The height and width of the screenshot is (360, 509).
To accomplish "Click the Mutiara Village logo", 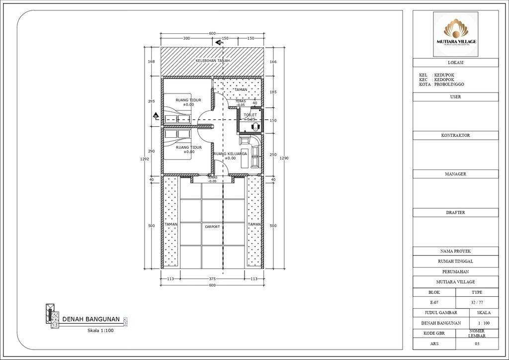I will coord(456,34).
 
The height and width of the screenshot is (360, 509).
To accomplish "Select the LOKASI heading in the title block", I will coord(455,63).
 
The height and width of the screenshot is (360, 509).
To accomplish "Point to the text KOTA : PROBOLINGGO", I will coord(441,85).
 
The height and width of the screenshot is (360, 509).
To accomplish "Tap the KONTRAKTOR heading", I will coord(455,135).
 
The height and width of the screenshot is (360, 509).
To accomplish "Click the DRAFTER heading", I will coord(455,212).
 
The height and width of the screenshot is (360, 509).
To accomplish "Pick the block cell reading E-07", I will coord(434,302).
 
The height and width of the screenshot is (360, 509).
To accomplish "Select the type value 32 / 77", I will coord(477,302).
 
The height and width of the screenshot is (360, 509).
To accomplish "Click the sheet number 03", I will coord(477,344).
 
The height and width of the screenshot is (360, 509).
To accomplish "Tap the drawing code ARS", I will coord(434,344).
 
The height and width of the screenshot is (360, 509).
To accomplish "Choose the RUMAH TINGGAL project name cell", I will coord(455,261).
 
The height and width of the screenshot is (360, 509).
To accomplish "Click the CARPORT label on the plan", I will coord(212,227).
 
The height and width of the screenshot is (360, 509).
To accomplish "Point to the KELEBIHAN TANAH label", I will coord(212,61).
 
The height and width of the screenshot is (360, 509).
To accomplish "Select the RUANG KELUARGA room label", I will coord(231,154).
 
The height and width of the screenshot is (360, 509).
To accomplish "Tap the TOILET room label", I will coord(250,115).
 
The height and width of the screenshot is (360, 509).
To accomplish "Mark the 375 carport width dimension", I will coord(212,279).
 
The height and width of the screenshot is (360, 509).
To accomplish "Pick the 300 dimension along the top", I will coord(186,38).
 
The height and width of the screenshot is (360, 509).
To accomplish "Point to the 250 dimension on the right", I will coord(273,155).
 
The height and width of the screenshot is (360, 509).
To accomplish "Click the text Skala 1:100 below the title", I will coord(101,330).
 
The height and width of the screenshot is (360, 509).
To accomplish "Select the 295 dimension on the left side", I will coord(152,101).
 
